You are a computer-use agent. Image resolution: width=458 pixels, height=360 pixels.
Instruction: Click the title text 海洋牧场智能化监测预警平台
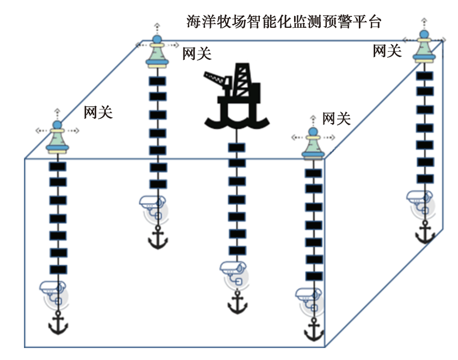click(284, 22)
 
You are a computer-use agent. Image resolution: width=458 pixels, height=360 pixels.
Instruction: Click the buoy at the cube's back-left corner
click(157, 52)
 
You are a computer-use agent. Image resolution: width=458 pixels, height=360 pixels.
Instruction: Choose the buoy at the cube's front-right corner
click(312, 144)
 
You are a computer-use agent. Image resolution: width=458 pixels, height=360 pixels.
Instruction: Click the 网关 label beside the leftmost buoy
click(98, 113)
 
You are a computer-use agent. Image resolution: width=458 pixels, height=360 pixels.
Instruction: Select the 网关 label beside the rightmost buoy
click(387, 51)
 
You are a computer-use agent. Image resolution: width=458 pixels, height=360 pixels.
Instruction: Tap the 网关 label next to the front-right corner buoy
click(337, 119)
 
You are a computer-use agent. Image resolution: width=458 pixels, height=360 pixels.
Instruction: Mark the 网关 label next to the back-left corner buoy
click(197, 53)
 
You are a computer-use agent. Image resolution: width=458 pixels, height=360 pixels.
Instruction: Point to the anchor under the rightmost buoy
click(425, 233)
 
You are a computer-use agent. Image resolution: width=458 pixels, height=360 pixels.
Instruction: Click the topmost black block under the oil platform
click(236, 148)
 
